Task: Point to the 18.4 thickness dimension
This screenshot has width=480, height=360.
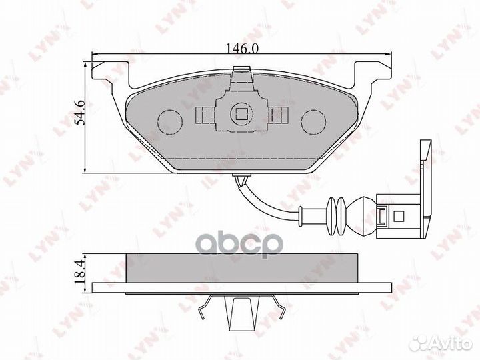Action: point(79,272)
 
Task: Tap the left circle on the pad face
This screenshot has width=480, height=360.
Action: point(169,121)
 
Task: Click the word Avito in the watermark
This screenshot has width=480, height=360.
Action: point(448,343)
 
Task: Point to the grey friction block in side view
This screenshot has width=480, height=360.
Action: point(240,268)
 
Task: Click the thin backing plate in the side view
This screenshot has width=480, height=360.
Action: point(240,288)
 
